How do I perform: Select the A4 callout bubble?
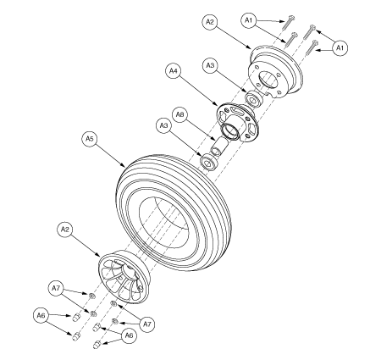point(174,73)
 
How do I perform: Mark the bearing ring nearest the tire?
point(206,162)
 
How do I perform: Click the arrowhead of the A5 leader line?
point(126,164)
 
